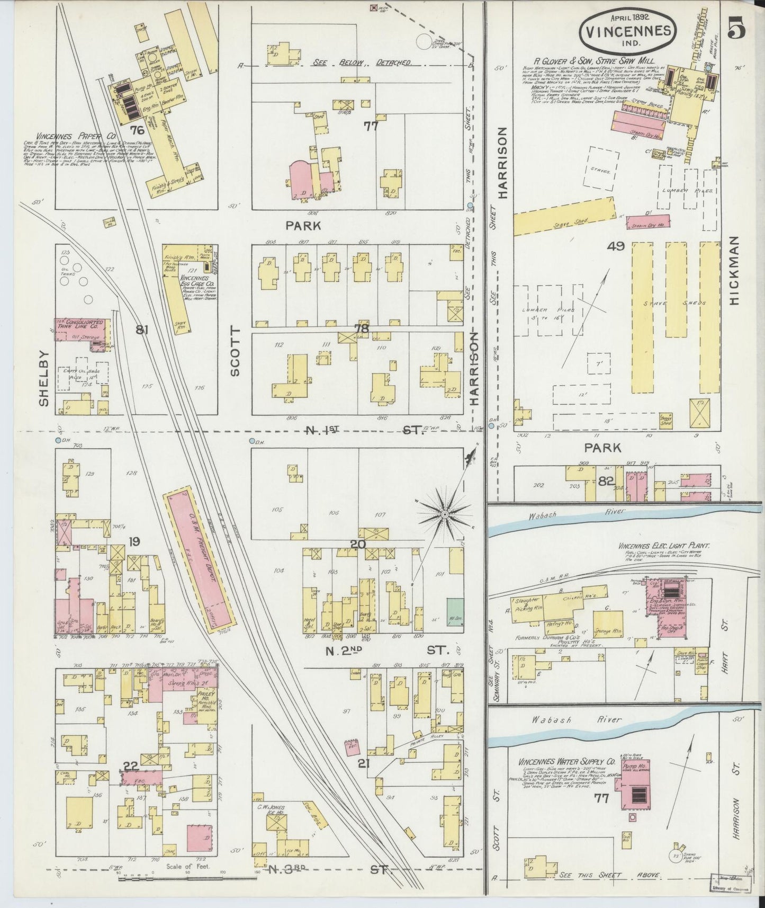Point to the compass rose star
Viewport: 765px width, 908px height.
coord(445,514)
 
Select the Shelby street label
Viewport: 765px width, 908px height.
coord(43,379)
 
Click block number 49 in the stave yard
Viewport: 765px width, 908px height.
coord(616,246)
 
